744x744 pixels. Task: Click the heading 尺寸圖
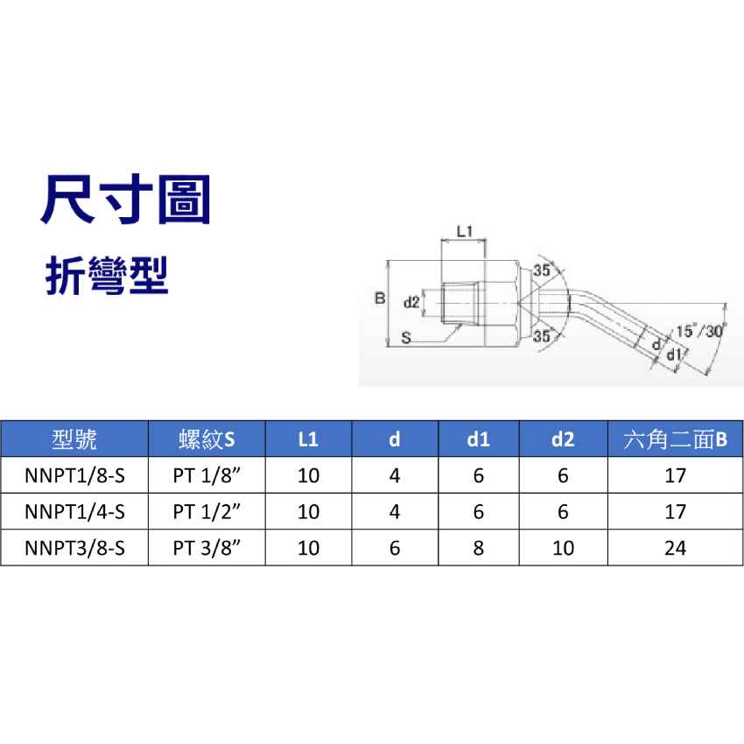(126, 200)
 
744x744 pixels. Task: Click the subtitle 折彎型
(107, 276)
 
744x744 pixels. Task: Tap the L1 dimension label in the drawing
(465, 231)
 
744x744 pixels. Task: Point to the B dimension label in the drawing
(380, 298)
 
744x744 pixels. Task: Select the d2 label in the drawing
(411, 302)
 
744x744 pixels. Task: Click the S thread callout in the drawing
(405, 338)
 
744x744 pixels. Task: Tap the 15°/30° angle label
(701, 331)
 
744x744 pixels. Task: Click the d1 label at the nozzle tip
(674, 354)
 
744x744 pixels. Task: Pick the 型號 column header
(74, 439)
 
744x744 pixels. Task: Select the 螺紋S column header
(207, 439)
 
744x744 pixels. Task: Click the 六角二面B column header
(675, 439)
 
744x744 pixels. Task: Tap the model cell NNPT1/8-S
(74, 475)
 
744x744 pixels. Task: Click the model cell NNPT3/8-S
(74, 548)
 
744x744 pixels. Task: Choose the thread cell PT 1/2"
(207, 511)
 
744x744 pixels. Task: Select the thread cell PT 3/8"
(207, 548)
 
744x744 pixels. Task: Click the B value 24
(675, 548)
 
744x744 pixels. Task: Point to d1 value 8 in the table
(478, 548)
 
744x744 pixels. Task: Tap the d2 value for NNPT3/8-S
(563, 548)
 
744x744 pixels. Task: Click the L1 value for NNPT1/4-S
(308, 511)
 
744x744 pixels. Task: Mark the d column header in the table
(394, 439)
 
